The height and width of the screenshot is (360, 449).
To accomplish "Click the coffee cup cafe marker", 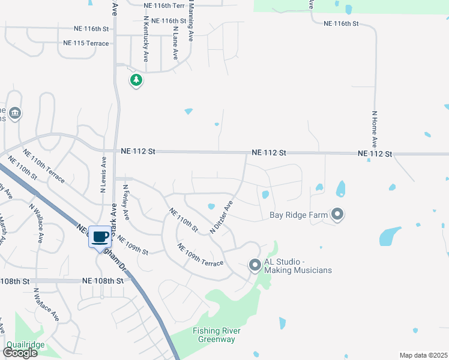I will click(100, 236).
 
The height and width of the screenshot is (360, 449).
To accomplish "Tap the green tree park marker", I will click(136, 80).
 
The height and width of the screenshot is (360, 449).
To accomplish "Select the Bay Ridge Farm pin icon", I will click(337, 214).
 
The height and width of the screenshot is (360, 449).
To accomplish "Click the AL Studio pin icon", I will click(255, 265).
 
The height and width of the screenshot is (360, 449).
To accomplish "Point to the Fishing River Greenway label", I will click(217, 335).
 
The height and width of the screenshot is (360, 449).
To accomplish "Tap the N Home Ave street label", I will click(374, 129).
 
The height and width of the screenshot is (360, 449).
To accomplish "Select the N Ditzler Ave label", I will click(221, 217).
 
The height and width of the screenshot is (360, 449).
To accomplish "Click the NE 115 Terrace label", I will click(86, 44).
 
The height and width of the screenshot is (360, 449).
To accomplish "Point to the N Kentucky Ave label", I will click(145, 39).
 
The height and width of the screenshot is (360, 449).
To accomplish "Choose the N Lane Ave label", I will click(175, 42).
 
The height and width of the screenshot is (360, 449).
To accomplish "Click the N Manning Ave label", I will click(191, 20).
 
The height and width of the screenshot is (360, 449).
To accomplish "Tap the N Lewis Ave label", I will click(103, 175).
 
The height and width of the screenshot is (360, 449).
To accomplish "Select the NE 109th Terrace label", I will click(200, 255).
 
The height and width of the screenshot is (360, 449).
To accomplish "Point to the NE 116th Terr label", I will click(164, 5).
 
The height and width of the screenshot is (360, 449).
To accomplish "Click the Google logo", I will click(20, 353).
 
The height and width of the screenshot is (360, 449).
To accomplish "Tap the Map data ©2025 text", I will click(423, 355).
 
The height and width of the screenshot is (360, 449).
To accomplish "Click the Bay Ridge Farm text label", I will click(298, 214).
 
